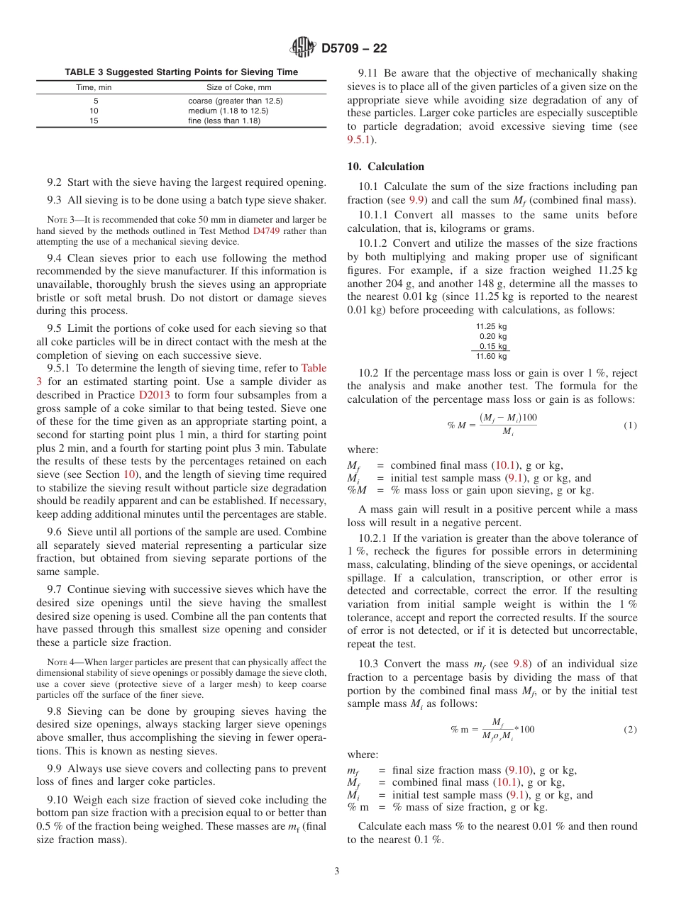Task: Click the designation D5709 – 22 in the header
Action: (x=354, y=49)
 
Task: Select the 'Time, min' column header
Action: (x=94, y=88)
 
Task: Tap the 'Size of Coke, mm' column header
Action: (x=238, y=88)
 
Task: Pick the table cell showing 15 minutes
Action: (x=94, y=121)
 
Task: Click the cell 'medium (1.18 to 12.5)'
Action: (x=228, y=111)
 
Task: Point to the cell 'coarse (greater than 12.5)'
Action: (x=235, y=101)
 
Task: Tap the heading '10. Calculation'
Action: (x=385, y=167)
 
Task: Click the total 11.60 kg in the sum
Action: (x=491, y=356)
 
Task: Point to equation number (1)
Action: (x=630, y=425)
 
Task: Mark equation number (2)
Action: (x=630, y=730)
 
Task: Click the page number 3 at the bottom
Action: (x=337, y=871)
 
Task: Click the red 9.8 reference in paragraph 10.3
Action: (x=522, y=664)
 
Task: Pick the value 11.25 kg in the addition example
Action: (x=491, y=327)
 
